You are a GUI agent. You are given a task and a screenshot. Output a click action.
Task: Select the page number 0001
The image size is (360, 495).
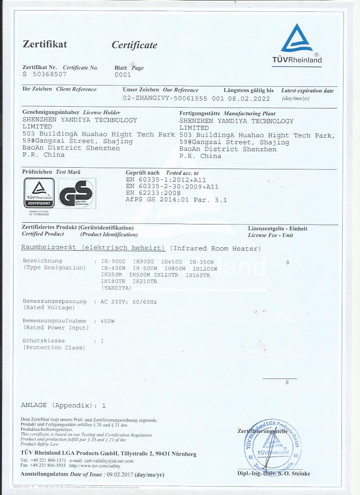pos(123,75)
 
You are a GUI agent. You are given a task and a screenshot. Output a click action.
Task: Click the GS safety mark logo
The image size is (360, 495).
pos(76,193)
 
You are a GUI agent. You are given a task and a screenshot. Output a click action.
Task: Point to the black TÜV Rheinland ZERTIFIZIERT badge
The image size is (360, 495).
pos(39,193)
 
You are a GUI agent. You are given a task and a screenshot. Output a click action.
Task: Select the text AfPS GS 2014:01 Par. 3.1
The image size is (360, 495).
pos(176,200)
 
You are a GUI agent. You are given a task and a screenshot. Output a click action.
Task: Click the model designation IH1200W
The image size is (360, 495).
pos(205,268)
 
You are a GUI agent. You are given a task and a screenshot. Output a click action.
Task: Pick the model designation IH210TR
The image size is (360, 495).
pos(145,281)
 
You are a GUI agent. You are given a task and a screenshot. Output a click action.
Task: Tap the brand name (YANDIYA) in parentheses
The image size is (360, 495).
pos(116,288)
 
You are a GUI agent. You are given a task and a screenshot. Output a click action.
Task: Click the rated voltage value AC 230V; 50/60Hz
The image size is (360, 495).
pos(129,301)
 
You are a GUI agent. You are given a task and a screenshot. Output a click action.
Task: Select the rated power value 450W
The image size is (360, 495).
pos(107,321)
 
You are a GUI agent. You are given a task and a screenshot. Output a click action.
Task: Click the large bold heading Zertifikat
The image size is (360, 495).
pos(45,44)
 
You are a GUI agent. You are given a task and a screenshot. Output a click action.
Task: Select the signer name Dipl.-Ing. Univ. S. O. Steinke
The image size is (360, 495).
pos(274,473)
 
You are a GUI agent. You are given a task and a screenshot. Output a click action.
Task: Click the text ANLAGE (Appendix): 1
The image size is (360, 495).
pos(64,405)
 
